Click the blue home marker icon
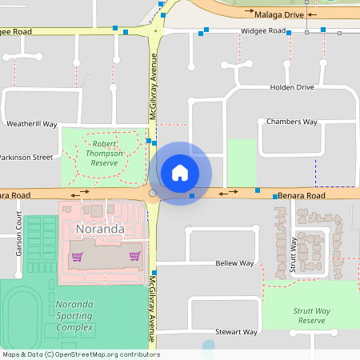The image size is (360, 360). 180,172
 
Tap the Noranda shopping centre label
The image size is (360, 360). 100,229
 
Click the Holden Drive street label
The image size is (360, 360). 292,87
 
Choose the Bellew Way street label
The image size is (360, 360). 234,263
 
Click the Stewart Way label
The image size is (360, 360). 236,331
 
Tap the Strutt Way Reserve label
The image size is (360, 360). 311,316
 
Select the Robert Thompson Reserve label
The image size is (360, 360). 105,153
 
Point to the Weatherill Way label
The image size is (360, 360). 32,125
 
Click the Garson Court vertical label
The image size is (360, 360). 18,238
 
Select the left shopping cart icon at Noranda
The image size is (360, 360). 77,257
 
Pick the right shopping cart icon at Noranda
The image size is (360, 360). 134,257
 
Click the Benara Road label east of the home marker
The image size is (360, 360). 302,196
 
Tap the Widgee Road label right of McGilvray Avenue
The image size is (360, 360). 263,31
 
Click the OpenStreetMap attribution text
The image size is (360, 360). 80,354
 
